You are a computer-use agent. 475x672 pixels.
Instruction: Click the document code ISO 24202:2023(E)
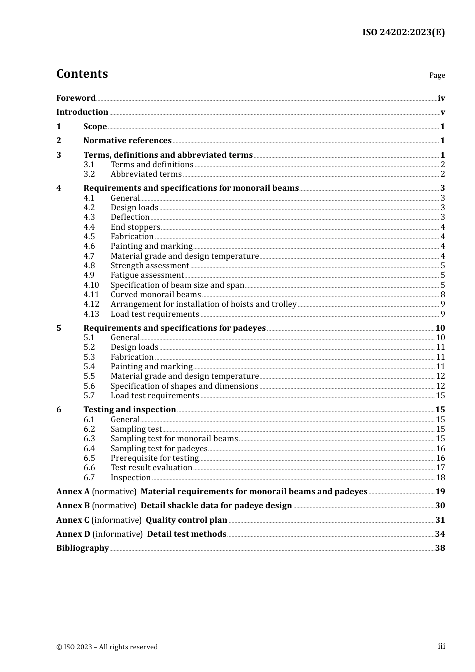coord(403,32)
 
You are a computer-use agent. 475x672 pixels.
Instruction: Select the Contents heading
coord(82,74)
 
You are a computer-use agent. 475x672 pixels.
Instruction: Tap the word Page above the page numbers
coord(437,75)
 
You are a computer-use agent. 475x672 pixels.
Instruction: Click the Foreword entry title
coord(76,98)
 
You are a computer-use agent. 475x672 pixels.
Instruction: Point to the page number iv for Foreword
coord(441,98)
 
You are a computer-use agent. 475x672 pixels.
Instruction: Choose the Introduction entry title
coord(82,112)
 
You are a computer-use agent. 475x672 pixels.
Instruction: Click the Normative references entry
coord(127,141)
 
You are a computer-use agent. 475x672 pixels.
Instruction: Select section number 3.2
coord(89,174)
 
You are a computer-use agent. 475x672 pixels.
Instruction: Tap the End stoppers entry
coord(135,227)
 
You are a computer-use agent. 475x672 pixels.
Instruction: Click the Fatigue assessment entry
coord(147,275)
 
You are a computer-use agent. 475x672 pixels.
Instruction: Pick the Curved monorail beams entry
coord(156,295)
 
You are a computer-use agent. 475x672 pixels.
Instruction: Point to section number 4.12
coord(91,304)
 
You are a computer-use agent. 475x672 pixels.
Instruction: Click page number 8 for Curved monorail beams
coord(443,295)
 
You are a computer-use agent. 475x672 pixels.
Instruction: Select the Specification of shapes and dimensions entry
coord(184,386)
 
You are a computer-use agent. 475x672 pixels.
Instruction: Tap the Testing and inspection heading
coord(130,410)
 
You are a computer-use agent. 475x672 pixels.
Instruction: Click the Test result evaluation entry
coord(151,468)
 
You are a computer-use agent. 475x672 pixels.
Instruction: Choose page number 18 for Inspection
coord(440,478)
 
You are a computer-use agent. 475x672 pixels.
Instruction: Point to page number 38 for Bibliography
coord(440,548)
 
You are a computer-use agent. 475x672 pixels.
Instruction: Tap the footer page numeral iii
coord(441,646)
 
